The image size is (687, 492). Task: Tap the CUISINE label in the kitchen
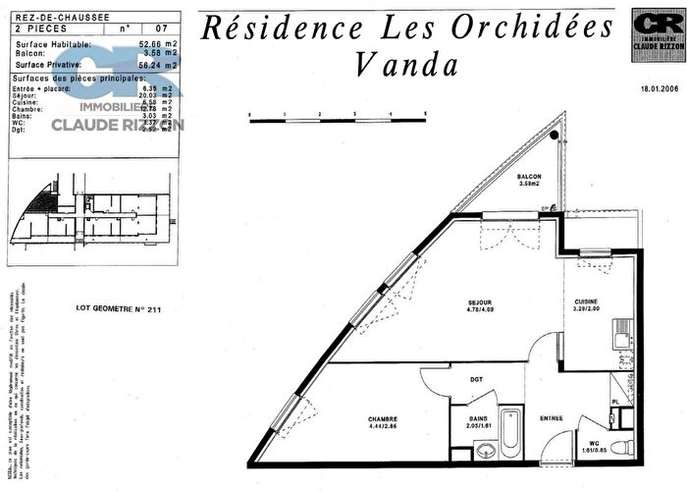(585, 302)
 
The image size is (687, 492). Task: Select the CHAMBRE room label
(355, 419)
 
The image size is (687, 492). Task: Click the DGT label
(475, 378)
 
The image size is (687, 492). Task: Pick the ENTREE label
(552, 419)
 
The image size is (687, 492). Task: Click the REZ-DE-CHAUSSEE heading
(47, 16)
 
